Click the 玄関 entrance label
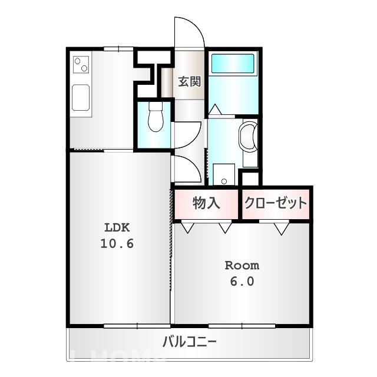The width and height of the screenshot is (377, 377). click(190, 81)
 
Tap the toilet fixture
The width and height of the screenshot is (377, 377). click(156, 117)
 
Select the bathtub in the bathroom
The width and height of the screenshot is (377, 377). click(233, 62)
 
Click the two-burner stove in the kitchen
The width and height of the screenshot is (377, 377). click(81, 63)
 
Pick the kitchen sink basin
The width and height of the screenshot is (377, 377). click(80, 97)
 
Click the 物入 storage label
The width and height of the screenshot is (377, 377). click(206, 204)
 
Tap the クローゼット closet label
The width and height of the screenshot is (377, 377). click(276, 204)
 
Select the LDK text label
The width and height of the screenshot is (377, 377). click(117, 227)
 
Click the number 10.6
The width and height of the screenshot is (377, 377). click(117, 243)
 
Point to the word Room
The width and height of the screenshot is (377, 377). click(242, 265)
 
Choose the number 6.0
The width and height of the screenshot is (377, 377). click(242, 282)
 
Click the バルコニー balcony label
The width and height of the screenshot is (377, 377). click(190, 342)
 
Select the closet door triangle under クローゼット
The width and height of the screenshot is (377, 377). click(282, 227)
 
